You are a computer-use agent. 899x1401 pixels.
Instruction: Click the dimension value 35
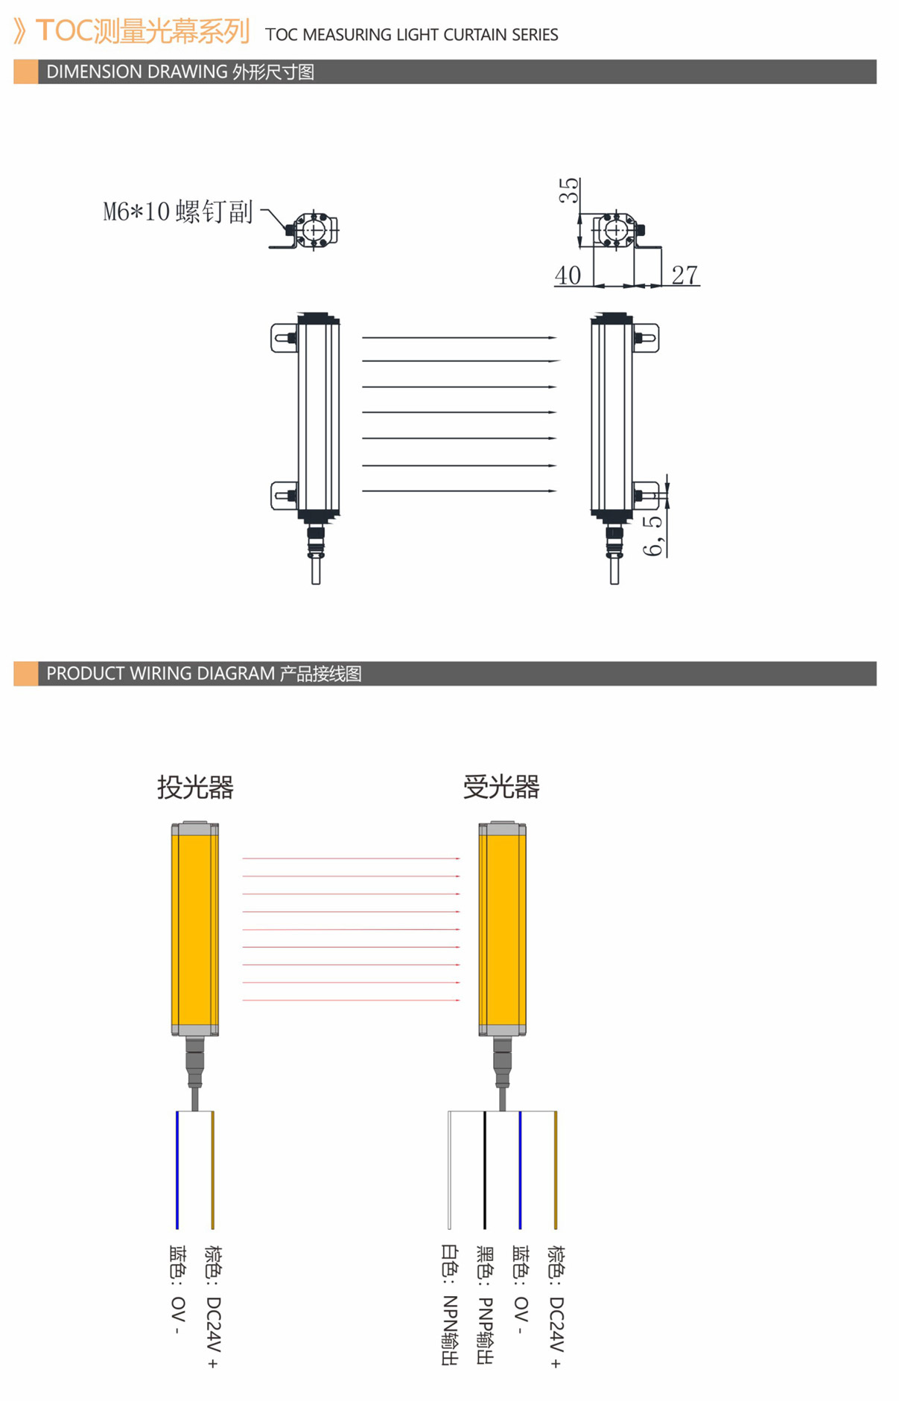point(569,191)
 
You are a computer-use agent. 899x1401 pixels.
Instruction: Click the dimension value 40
point(568,275)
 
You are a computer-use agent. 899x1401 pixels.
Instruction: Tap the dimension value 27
point(684,275)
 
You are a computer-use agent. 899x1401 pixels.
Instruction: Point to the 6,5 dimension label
point(652,535)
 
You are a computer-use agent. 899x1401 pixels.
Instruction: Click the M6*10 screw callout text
point(178,211)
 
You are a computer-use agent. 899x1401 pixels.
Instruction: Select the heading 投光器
point(195,787)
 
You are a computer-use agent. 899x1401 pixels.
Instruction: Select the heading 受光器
point(501,787)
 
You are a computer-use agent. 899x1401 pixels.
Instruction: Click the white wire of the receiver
point(449,1169)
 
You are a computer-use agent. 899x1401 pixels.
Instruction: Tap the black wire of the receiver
point(485,1169)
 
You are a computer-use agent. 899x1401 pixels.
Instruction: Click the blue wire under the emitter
point(177,1169)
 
